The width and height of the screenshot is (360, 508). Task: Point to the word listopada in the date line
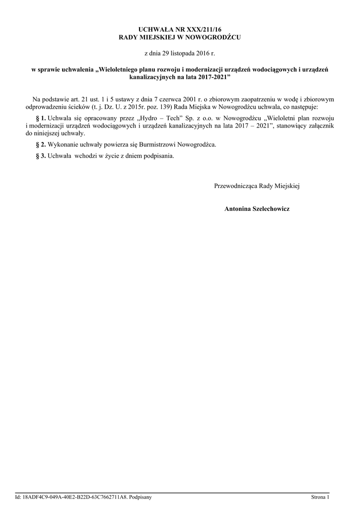pyautogui.click(x=184, y=53)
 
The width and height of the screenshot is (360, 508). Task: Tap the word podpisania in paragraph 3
pyautogui.click(x=158, y=155)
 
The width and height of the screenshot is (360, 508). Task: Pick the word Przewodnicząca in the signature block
pyautogui.click(x=236, y=186)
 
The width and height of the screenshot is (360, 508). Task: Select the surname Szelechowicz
pyautogui.click(x=272, y=209)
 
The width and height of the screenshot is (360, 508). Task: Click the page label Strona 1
pyautogui.click(x=320, y=497)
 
